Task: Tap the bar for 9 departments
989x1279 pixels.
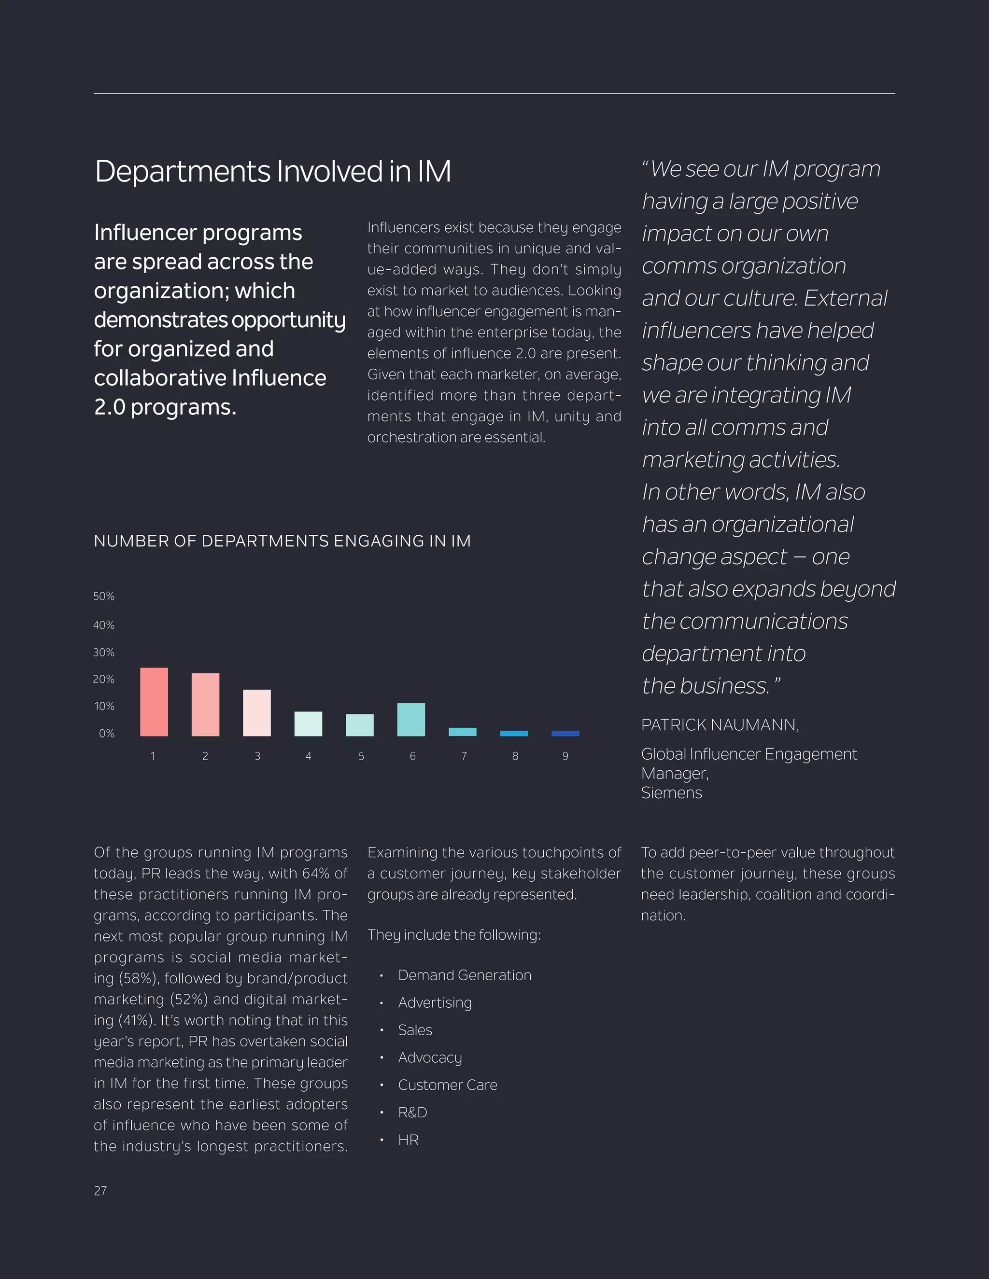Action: point(565,733)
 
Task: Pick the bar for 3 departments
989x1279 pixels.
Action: point(257,713)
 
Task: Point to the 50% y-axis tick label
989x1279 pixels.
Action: point(104,596)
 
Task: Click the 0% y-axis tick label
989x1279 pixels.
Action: point(107,733)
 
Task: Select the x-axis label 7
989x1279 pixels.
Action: point(464,756)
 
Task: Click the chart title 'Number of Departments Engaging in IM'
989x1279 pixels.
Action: point(282,541)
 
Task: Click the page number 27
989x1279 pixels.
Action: point(100,1191)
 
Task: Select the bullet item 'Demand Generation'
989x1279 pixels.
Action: point(465,975)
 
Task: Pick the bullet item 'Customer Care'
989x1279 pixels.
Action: point(448,1084)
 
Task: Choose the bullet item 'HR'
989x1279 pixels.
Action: point(409,1140)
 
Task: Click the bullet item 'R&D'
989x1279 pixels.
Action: point(412,1112)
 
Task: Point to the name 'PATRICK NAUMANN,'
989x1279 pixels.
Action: point(720,725)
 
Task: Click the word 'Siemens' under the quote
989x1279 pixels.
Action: point(671,793)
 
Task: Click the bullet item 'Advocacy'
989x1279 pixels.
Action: point(430,1057)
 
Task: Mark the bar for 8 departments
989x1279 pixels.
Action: point(514,733)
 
